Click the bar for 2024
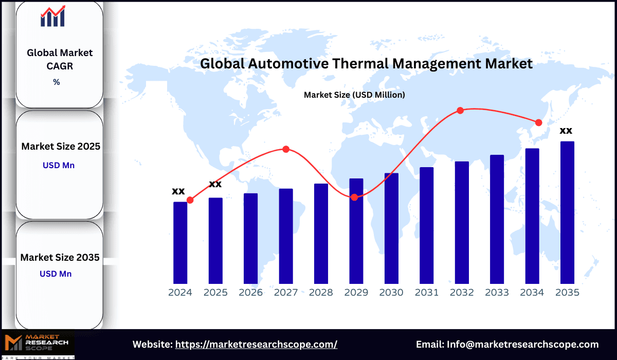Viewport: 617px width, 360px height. point(180,243)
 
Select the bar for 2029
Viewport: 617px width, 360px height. point(356,231)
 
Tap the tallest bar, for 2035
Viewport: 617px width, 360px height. point(567,212)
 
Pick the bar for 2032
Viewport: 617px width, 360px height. point(462,223)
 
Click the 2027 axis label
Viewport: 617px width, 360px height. point(286,293)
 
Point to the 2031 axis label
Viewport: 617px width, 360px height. point(427,293)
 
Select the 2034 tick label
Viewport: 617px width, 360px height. point(532,293)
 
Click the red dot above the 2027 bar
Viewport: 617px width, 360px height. point(286,149)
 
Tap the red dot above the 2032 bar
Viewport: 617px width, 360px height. point(460,111)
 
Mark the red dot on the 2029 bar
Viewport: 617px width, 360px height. point(355,197)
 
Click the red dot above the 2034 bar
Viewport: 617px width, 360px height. point(538,122)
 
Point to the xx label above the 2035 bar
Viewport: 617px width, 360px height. point(566,130)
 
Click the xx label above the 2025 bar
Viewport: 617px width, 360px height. point(215,184)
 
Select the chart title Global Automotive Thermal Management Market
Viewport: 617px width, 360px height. point(366,64)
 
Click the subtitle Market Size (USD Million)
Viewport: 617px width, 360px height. point(354,95)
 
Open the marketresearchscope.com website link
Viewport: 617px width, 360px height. point(256,345)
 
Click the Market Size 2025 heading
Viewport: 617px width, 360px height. point(61,147)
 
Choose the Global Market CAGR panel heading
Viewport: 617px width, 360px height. point(60,59)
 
